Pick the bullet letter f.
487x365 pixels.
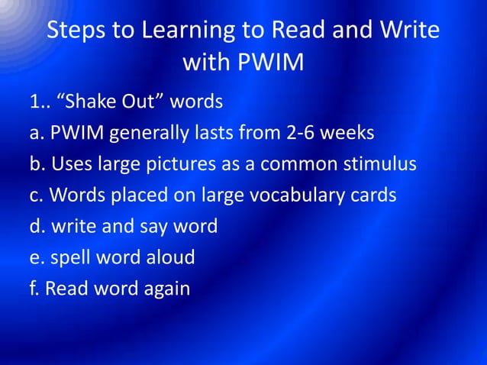[34, 289]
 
